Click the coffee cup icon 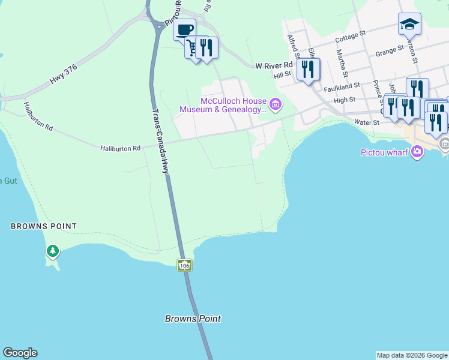184,29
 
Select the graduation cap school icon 409,24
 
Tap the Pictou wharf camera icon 418,152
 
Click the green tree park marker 53,251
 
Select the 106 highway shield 184,265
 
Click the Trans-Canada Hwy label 160,141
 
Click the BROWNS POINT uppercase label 44,226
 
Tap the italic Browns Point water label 193,319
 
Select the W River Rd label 274,65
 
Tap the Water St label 367,122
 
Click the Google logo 20,353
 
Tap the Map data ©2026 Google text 412,355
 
